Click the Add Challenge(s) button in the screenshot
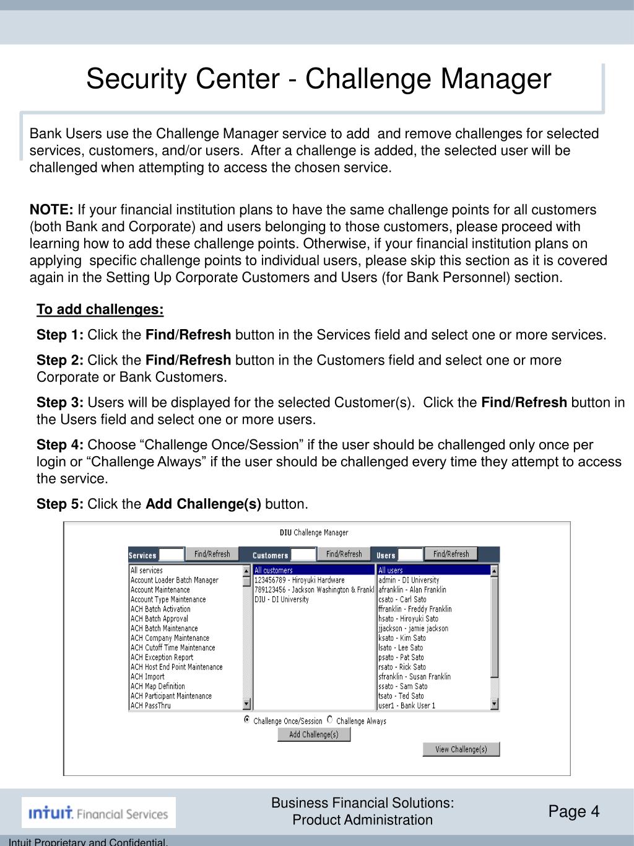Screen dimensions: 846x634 pyautogui.click(x=313, y=734)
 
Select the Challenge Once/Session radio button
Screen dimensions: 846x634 pyautogui.click(x=248, y=720)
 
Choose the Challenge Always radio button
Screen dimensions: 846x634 pyautogui.click(x=330, y=720)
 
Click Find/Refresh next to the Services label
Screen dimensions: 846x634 pyautogui.click(x=212, y=554)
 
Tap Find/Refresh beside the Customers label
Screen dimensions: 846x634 pyautogui.click(x=344, y=554)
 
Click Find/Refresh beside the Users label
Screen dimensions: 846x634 pyautogui.click(x=451, y=554)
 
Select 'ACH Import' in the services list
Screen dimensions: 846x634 pyautogui.click(x=147, y=677)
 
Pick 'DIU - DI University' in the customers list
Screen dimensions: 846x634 pyautogui.click(x=281, y=599)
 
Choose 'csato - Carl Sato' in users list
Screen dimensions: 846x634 pyautogui.click(x=402, y=599)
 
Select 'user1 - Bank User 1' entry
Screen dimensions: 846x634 pyautogui.click(x=406, y=705)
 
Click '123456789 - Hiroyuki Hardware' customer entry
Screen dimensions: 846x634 pyautogui.click(x=299, y=580)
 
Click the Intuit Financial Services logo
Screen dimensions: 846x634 pyautogui.click(x=98, y=813)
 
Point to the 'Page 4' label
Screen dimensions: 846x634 pyautogui.click(x=574, y=811)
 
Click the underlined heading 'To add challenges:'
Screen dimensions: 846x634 pyautogui.click(x=100, y=309)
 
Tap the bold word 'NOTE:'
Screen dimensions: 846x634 pyautogui.click(x=51, y=209)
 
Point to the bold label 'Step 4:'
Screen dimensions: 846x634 pyautogui.click(x=60, y=445)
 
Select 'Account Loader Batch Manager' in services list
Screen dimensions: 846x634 pyautogui.click(x=174, y=580)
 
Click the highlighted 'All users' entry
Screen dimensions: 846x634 pyautogui.click(x=390, y=570)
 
